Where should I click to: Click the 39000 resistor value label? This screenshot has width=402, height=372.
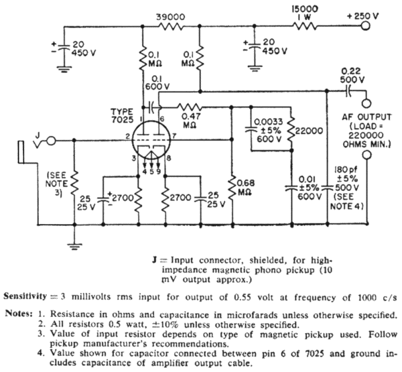tap(174, 13)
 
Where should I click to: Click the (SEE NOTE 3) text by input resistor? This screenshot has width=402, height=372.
tap(53, 178)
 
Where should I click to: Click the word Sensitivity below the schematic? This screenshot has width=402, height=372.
tap(29, 296)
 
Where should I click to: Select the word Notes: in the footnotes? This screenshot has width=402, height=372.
tap(19, 314)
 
